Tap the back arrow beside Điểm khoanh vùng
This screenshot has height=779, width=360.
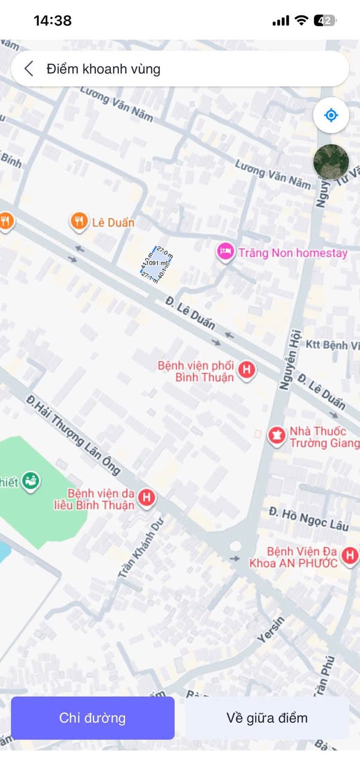pos(29,69)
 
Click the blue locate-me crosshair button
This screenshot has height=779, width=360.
pos(330,115)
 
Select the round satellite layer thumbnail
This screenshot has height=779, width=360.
pos(330,161)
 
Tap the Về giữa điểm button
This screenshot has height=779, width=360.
pos(266,718)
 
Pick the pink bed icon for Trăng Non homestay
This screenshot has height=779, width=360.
pos(225,251)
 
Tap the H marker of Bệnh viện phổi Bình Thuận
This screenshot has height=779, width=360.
pos(246,370)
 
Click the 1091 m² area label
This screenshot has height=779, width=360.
pos(156,263)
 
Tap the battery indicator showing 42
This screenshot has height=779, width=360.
pos(324,20)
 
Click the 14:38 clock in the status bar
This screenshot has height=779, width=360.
pos(52,20)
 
